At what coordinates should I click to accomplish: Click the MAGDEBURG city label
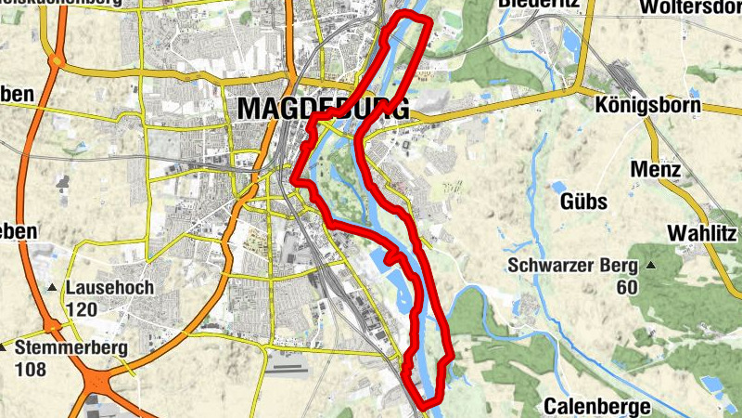322,108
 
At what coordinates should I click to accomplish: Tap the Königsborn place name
647,104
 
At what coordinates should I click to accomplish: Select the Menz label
656,170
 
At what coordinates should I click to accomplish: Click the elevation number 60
627,287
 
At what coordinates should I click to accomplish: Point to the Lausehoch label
109,288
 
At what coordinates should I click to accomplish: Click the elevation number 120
82,309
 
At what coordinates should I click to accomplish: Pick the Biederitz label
538,5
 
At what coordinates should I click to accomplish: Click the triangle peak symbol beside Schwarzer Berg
651,266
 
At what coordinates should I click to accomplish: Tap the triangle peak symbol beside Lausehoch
53,288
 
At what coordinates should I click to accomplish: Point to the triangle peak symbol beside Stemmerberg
5,349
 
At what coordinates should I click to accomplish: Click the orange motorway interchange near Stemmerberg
97,376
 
